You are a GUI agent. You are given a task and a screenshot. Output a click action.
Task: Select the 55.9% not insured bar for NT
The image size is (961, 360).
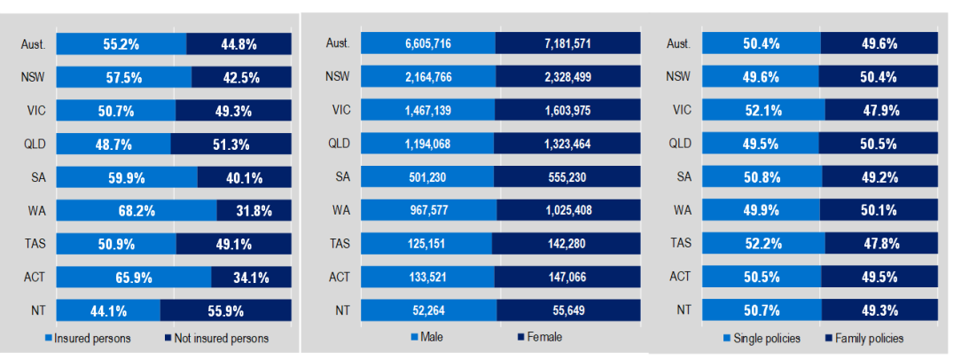pyautogui.click(x=225, y=310)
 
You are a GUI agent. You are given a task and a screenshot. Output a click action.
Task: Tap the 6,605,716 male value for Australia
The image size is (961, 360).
pyautogui.click(x=428, y=43)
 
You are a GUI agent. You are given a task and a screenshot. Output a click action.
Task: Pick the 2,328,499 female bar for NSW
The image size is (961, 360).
pyautogui.click(x=567, y=76)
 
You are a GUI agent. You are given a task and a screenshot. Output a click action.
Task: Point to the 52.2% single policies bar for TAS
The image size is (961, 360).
pyautogui.click(x=762, y=243)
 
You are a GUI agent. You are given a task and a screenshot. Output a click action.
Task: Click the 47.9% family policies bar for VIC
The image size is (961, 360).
pyautogui.click(x=881, y=110)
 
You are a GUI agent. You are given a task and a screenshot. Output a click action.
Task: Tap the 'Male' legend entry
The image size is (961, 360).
pyautogui.click(x=429, y=337)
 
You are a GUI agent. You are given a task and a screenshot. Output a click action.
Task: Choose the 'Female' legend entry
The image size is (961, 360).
pyautogui.click(x=540, y=337)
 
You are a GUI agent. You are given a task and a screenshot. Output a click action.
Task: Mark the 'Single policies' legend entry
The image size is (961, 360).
pyautogui.click(x=763, y=338)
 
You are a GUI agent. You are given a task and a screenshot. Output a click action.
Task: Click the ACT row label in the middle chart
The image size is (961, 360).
pyautogui.click(x=339, y=277)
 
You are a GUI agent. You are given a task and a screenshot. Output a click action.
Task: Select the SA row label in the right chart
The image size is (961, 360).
pyautogui.click(x=682, y=176)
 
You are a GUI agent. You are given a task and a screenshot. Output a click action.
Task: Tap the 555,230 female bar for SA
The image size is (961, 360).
pyautogui.click(x=566, y=176)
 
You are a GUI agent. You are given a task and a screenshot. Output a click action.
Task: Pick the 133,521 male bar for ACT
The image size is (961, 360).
pyautogui.click(x=427, y=277)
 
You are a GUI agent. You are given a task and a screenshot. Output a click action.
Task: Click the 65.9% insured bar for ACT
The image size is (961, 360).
pyautogui.click(x=133, y=277)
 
